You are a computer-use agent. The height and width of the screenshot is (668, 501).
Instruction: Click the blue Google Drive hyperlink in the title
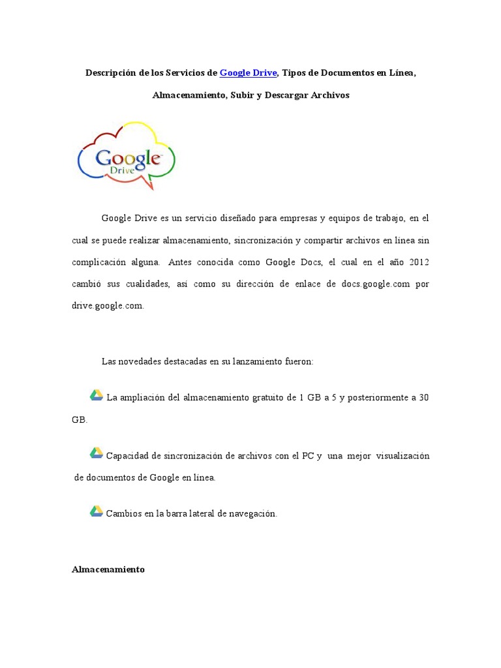[x=249, y=72]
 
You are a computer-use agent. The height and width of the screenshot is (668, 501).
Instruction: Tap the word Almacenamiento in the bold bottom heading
[x=108, y=569]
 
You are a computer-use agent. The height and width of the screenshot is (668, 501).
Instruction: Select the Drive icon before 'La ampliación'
[x=96, y=395]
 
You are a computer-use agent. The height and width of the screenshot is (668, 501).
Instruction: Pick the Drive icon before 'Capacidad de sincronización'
[x=96, y=453]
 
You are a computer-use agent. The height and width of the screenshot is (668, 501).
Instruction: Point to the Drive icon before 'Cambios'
[x=96, y=511]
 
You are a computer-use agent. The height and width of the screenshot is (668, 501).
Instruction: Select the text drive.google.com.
[x=107, y=306]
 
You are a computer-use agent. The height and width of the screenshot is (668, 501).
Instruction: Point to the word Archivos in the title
[x=326, y=95]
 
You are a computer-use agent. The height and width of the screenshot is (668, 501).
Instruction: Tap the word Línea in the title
[x=401, y=72]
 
